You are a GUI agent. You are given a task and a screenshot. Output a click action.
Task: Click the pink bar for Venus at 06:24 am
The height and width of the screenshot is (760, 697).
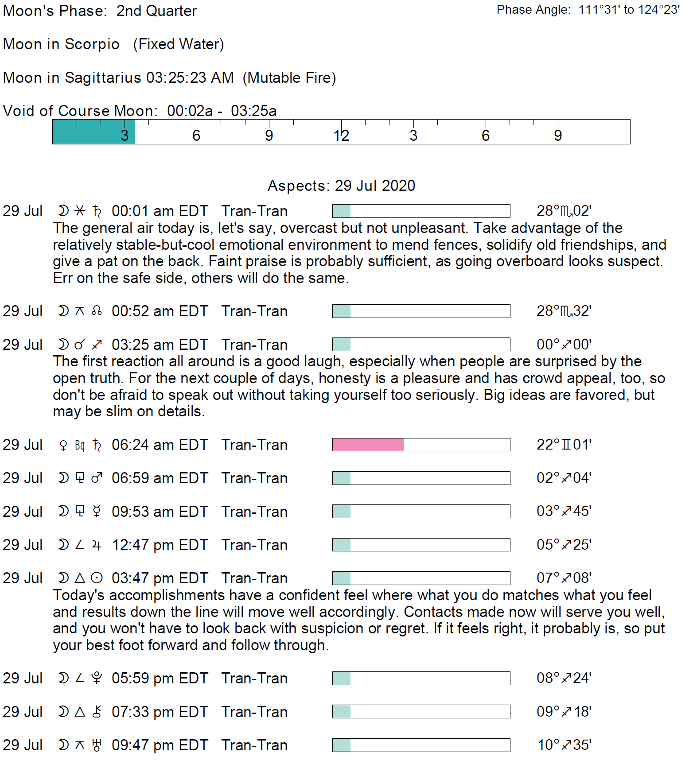368,445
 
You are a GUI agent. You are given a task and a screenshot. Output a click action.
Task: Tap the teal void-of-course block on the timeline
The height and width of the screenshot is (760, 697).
93,132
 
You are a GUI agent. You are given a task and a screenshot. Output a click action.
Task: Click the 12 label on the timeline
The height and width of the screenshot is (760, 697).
341,136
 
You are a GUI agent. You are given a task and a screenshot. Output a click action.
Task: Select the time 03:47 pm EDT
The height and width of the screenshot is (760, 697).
160,578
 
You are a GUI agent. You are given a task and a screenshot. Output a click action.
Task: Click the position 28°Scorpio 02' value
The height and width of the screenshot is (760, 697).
564,211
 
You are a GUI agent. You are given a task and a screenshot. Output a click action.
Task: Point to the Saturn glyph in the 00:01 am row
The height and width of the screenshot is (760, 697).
97,211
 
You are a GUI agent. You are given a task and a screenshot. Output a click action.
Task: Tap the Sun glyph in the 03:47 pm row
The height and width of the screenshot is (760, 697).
97,578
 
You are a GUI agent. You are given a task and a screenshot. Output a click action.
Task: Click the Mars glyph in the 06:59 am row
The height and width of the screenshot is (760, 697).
97,478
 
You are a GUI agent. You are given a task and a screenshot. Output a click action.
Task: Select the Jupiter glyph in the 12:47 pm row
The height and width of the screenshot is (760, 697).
97,545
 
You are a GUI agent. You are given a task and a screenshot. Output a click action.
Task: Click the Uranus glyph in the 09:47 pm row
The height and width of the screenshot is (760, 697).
97,745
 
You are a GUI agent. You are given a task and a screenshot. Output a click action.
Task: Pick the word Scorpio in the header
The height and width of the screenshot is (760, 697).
92,44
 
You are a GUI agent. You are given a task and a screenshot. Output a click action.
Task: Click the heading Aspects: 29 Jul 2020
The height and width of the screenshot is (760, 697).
341,186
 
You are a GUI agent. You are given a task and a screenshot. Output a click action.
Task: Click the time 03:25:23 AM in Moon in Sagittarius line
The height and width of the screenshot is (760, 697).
190,78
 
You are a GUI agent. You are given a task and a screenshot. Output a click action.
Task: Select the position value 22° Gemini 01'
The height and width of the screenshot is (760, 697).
564,445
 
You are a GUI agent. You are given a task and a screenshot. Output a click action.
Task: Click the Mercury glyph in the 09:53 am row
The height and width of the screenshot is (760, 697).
97,512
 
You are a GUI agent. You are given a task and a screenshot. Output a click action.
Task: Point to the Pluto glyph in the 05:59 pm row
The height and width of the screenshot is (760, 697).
97,678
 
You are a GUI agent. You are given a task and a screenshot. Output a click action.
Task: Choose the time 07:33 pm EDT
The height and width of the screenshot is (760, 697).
160,712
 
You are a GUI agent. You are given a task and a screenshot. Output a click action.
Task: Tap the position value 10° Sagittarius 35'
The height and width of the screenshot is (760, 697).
564,745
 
